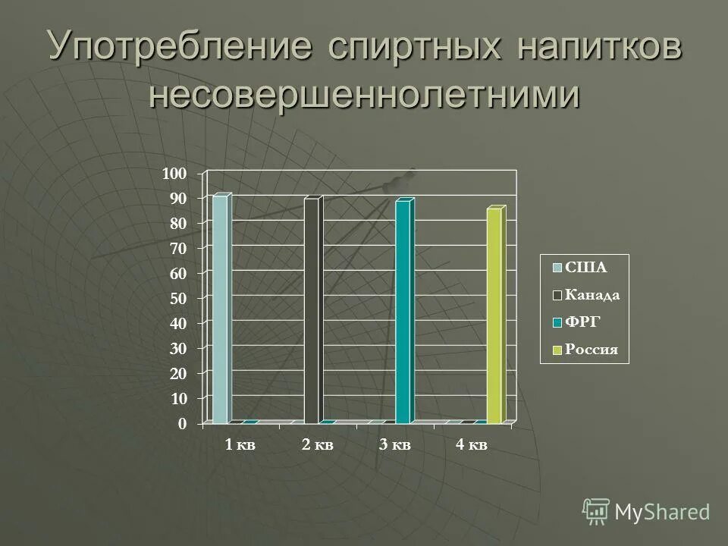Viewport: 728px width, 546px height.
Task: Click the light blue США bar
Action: click(220, 309)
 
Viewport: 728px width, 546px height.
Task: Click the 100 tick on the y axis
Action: click(174, 174)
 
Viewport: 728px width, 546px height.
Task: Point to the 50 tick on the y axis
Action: click(177, 299)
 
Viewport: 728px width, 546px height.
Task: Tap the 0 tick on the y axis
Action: click(181, 424)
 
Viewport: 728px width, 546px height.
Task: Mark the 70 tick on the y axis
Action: click(177, 249)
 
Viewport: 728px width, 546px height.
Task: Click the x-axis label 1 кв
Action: click(240, 445)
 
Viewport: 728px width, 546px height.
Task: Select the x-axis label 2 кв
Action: click(317, 445)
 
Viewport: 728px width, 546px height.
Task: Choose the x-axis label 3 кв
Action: click(394, 445)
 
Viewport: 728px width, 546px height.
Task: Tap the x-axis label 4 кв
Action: click(471, 445)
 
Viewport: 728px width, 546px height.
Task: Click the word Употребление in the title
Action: click(180, 47)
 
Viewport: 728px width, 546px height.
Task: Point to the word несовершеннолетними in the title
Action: click(364, 95)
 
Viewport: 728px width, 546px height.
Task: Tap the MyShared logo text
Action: click(662, 512)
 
